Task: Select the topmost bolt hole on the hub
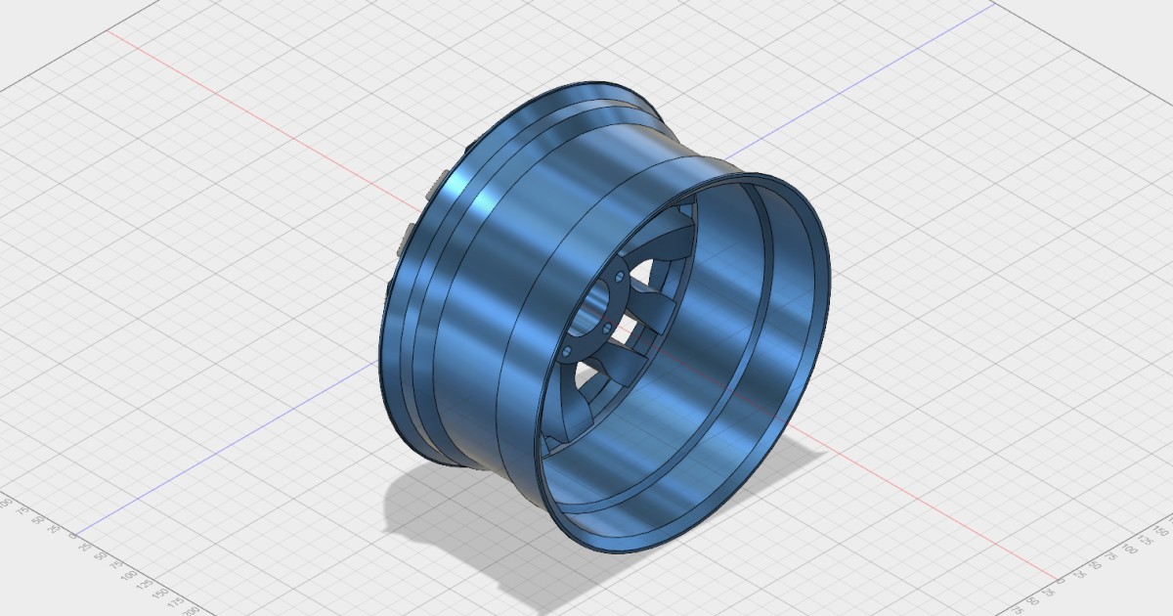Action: point(622,280)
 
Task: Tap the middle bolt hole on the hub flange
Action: point(608,326)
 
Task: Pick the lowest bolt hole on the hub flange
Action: point(568,348)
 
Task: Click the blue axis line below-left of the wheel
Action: point(244,440)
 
